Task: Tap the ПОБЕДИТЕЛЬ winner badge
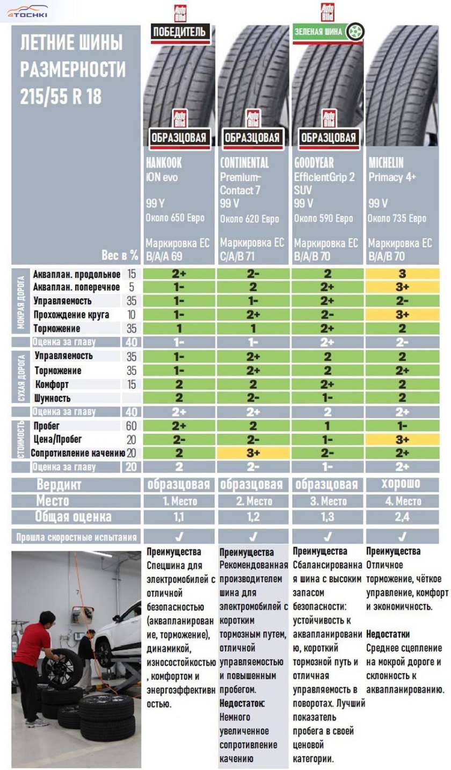(179, 32)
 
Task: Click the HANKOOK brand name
(164, 163)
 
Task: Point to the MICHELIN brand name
(385, 163)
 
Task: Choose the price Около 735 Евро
(397, 218)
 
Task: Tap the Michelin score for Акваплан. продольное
(402, 274)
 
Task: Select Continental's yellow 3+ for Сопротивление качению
(253, 453)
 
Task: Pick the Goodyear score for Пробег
(328, 426)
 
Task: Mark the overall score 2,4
(402, 517)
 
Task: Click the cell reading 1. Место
(179, 501)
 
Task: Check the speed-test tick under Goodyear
(328, 536)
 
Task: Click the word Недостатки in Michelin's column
(388, 634)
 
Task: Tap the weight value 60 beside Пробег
(132, 426)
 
